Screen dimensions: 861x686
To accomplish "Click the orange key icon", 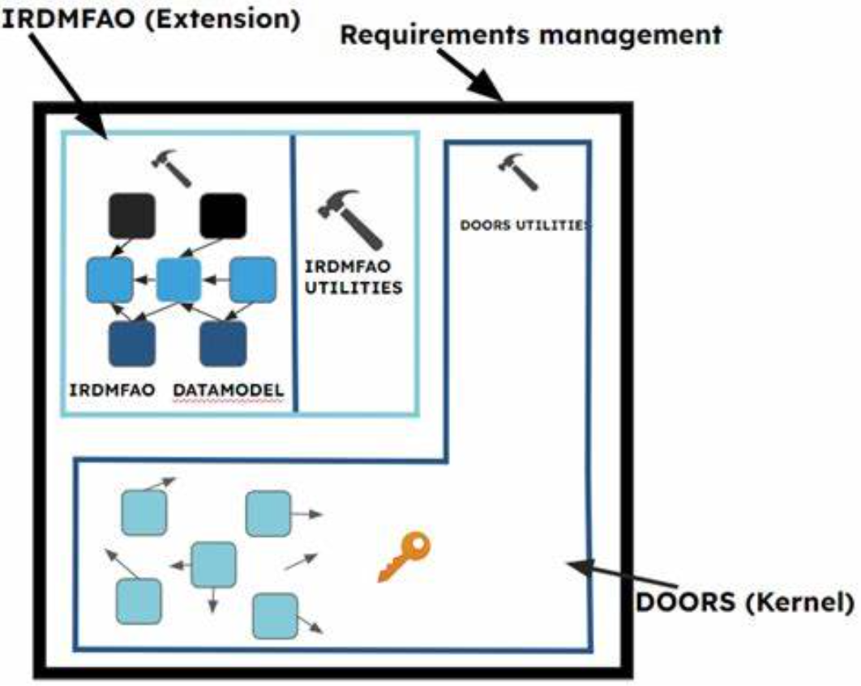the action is [x=405, y=555].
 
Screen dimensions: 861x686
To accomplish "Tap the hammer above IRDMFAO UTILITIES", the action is [x=351, y=218].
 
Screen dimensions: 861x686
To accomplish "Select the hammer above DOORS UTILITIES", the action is [x=518, y=171].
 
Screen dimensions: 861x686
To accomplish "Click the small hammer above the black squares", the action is [x=172, y=168].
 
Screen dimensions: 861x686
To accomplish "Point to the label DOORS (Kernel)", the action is [x=745, y=602].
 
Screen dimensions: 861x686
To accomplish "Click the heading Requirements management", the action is [x=530, y=35].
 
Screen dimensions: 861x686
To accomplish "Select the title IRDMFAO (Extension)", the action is [x=152, y=19].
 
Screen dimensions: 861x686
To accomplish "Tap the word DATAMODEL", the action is [x=229, y=390].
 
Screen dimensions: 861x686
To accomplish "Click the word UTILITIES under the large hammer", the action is [x=353, y=287].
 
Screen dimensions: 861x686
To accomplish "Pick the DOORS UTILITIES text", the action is [x=525, y=225].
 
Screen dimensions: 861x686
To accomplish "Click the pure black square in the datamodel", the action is [x=223, y=216].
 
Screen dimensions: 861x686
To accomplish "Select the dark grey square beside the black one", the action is [x=132, y=216].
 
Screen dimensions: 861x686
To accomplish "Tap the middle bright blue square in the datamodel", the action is [x=178, y=280].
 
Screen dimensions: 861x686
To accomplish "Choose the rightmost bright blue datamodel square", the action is [x=253, y=280].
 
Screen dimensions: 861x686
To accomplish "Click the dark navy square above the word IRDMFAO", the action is [x=132, y=344].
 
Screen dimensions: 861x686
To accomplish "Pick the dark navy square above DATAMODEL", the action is [x=223, y=344].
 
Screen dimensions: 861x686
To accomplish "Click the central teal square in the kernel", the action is [x=213, y=564].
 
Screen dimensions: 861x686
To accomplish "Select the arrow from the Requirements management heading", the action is [x=470, y=75].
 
